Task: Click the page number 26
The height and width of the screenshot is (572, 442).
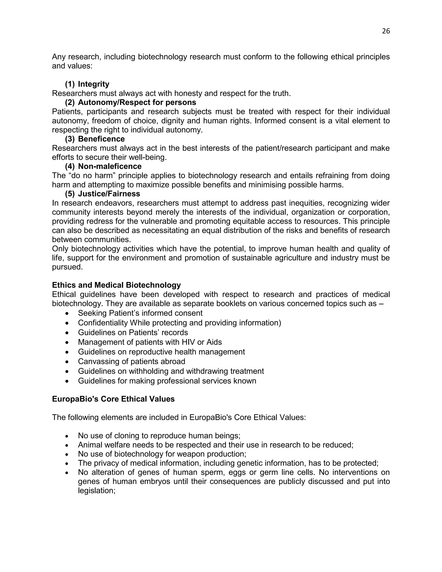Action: click(x=386, y=31)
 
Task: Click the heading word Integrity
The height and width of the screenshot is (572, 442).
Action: click(x=93, y=84)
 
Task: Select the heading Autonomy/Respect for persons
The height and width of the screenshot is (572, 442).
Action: click(x=137, y=102)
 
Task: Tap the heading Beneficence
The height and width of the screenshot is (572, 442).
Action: click(x=101, y=139)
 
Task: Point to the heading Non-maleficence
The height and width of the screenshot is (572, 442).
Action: click(x=110, y=166)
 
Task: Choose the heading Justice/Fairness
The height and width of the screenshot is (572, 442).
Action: click(x=109, y=194)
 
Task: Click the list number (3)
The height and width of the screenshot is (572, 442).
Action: click(x=70, y=139)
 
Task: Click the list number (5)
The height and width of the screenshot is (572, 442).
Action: click(x=70, y=194)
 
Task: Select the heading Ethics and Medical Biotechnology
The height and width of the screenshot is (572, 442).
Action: click(x=116, y=285)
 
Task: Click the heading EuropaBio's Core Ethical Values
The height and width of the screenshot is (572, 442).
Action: click(x=113, y=399)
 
